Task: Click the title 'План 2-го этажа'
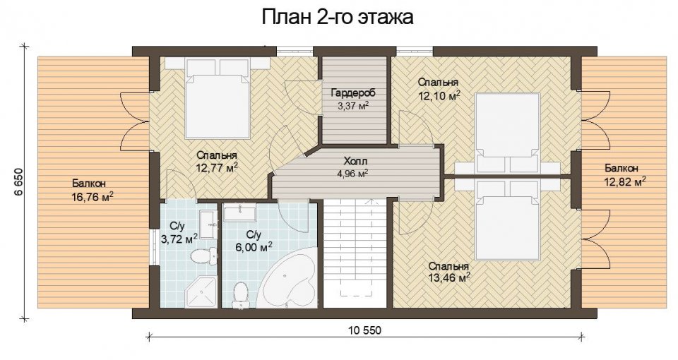[338, 17]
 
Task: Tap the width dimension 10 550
[365, 330]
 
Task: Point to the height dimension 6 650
[18, 182]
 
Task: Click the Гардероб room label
[353, 92]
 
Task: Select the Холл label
[355, 162]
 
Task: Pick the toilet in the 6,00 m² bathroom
[239, 295]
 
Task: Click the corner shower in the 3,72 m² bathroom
[201, 292]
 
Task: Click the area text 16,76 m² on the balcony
[93, 197]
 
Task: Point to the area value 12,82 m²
[625, 181]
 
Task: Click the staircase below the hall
[355, 253]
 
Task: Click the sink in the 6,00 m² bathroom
[239, 212]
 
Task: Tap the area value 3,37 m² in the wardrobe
[352, 105]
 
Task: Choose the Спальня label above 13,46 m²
[448, 266]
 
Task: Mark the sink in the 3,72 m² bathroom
[210, 224]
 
